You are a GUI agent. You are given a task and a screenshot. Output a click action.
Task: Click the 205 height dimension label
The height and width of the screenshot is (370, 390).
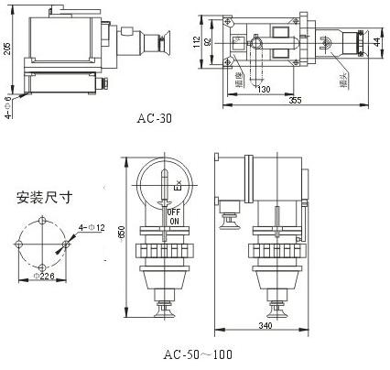point(8,49)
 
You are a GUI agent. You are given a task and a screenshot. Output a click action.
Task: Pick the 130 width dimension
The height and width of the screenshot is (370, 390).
point(265,90)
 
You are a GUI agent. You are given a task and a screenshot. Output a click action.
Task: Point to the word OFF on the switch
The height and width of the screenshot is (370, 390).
point(173,212)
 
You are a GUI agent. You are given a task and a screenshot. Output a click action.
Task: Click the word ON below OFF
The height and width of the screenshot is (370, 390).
point(173,221)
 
